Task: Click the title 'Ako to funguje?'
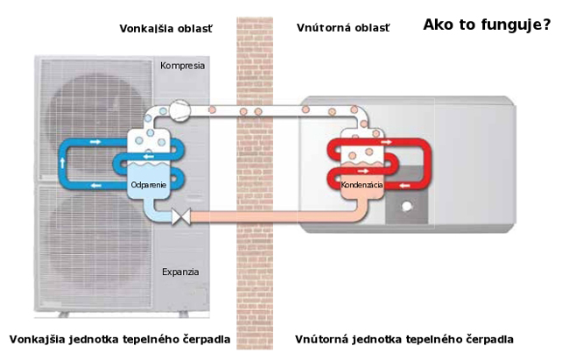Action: [x=486, y=25]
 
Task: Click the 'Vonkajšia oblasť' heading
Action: [x=165, y=28]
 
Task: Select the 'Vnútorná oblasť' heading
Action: [x=342, y=28]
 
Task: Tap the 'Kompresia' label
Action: [x=182, y=66]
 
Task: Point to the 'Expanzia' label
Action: [x=180, y=272]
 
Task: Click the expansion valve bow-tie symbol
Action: [x=183, y=215]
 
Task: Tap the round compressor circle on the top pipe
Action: [x=179, y=109]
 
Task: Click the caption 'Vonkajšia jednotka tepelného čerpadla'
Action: [x=120, y=339]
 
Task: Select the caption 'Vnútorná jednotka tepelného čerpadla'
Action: [x=404, y=339]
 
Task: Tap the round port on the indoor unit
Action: [x=407, y=209]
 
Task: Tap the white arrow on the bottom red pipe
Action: [x=404, y=185]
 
